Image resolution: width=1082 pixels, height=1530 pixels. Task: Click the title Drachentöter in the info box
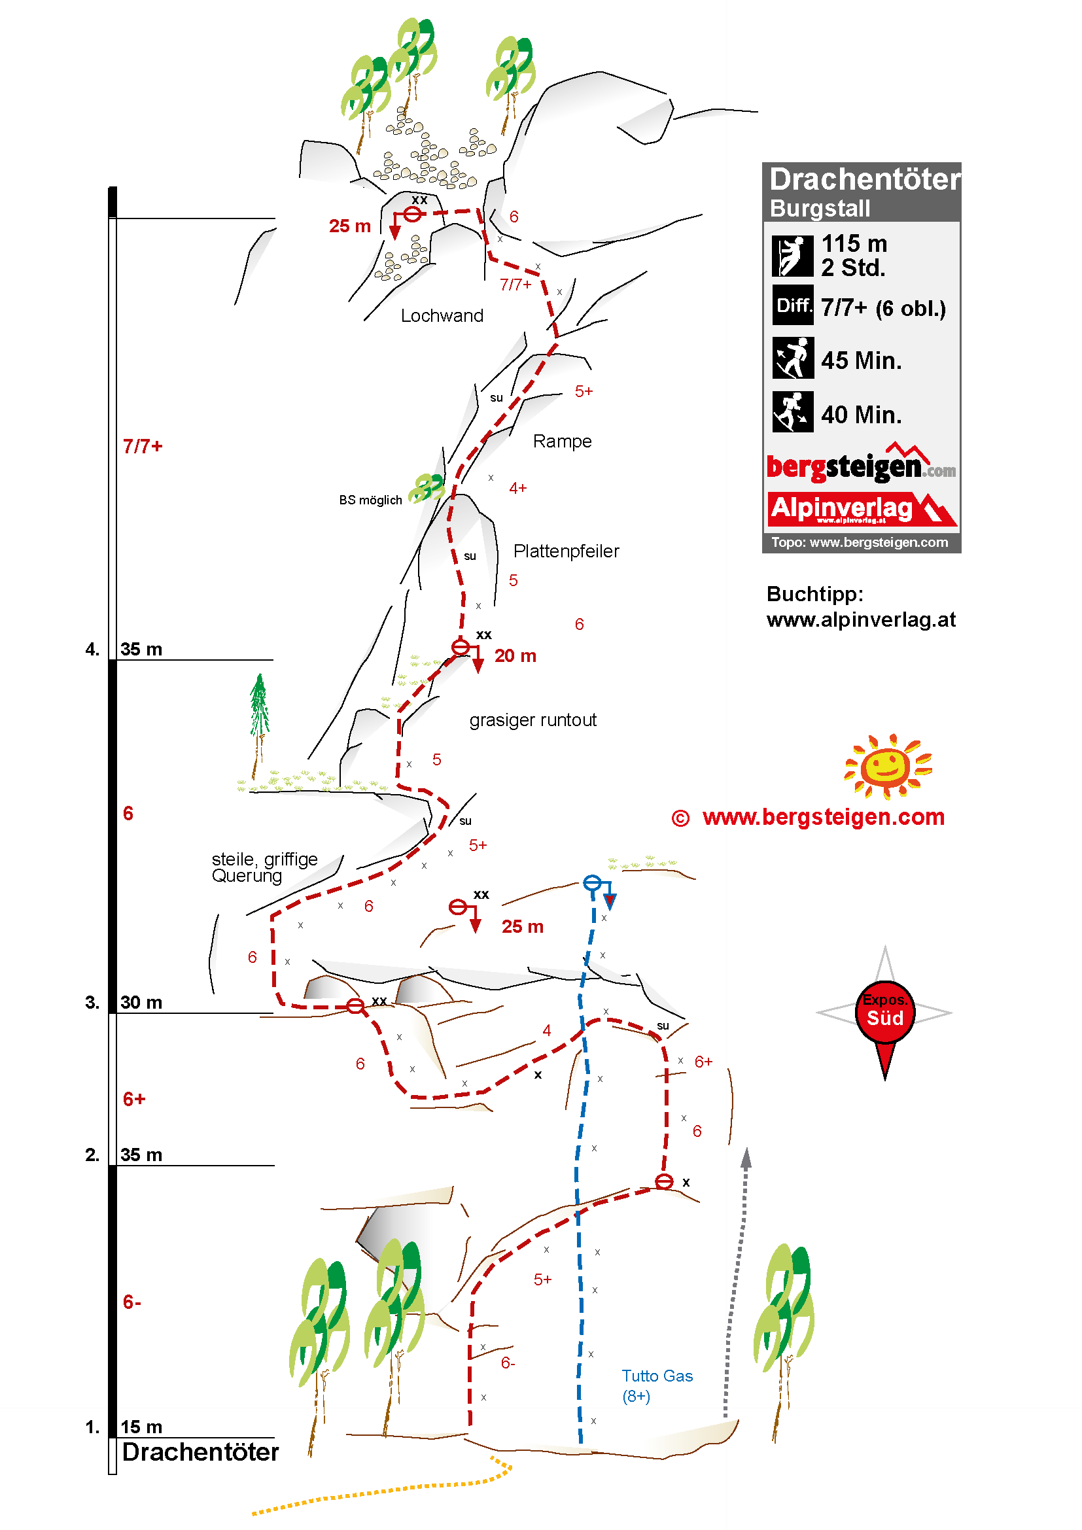tap(864, 179)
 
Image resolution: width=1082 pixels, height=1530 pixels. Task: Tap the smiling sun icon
tap(887, 767)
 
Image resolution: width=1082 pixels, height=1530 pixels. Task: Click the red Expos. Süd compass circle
tap(885, 1011)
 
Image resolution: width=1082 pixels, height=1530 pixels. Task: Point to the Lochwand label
tap(442, 316)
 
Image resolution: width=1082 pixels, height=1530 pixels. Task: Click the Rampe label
tap(562, 441)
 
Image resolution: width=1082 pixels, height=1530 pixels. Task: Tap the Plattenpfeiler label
tap(566, 551)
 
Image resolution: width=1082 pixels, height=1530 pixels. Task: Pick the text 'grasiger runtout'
tap(532, 720)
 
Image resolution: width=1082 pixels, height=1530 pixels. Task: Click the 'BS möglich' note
tap(370, 500)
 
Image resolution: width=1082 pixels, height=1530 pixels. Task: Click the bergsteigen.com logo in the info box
tap(860, 466)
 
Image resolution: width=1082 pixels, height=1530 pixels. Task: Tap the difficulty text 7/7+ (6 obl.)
tap(882, 308)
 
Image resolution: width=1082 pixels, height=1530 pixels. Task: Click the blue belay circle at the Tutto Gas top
tap(591, 883)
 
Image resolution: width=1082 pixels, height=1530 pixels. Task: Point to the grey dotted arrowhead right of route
tap(746, 1158)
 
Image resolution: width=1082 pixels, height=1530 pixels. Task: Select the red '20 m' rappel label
tap(515, 656)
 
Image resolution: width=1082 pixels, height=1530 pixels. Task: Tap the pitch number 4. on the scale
tap(93, 649)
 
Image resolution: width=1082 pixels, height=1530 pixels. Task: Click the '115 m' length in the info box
tap(854, 244)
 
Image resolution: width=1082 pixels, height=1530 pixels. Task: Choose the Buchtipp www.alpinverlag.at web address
tap(861, 619)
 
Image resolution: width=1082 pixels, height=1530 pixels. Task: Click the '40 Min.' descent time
tap(861, 415)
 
